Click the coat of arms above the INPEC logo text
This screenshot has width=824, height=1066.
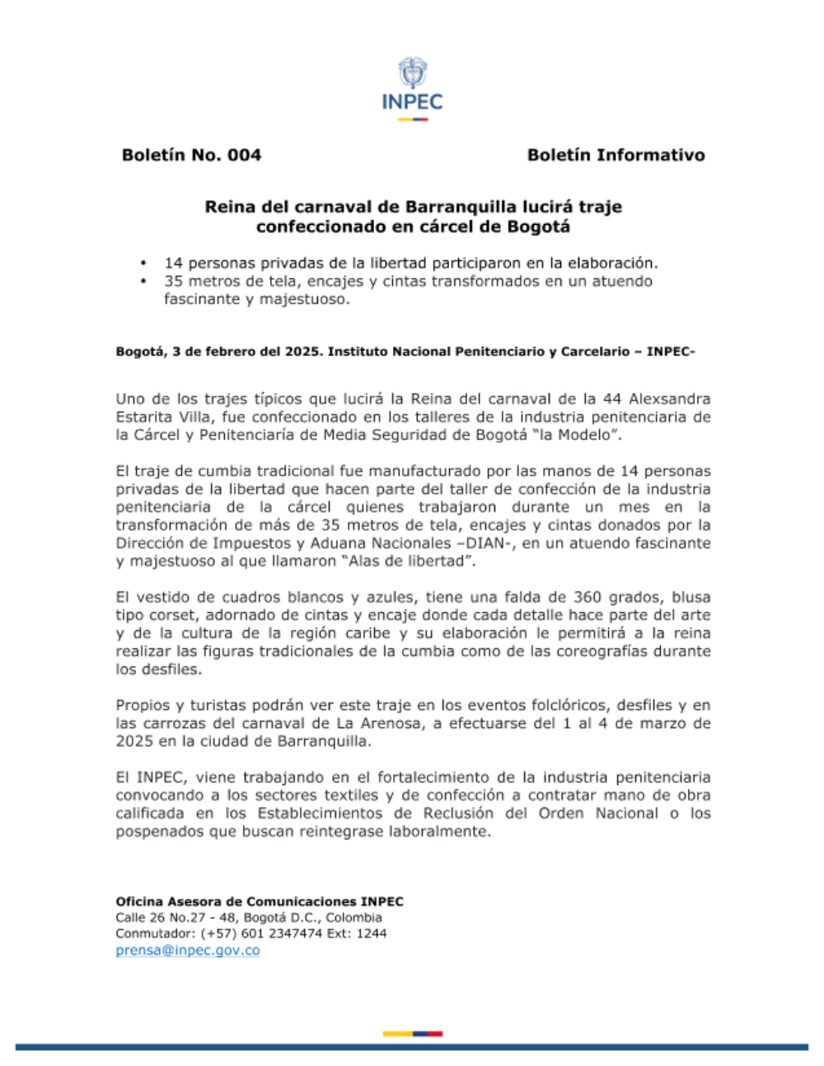[412, 72]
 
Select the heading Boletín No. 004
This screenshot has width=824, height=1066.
[191, 155]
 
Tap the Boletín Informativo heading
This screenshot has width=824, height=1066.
[616, 155]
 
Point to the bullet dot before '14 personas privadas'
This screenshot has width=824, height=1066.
[143, 263]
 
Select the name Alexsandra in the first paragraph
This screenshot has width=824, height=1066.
[669, 399]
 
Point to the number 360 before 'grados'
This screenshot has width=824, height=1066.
[588, 597]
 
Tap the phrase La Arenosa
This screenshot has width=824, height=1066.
[374, 723]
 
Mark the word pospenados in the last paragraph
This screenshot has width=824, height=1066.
[156, 831]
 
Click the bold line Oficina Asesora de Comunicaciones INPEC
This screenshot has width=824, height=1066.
[260, 901]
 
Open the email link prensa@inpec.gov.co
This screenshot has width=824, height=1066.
[188, 950]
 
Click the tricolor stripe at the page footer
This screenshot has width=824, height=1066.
[412, 1033]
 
